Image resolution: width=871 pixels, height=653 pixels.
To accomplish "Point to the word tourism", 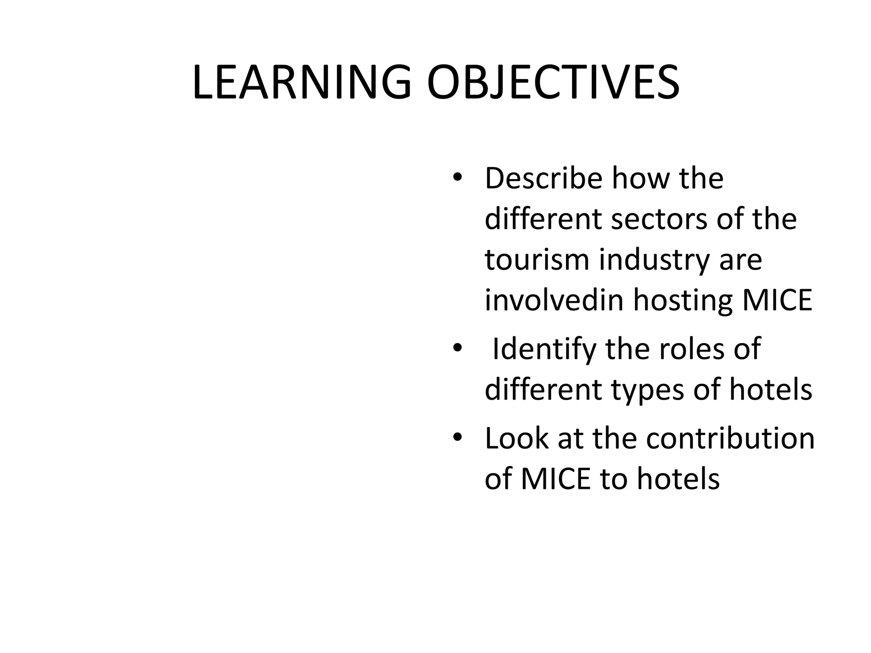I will point(537,260).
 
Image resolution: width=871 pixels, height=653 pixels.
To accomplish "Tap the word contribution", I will point(730,439).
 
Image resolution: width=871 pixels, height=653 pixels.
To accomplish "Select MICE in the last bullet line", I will point(556,479).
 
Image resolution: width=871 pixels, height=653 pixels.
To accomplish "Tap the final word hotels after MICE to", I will point(678,479).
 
